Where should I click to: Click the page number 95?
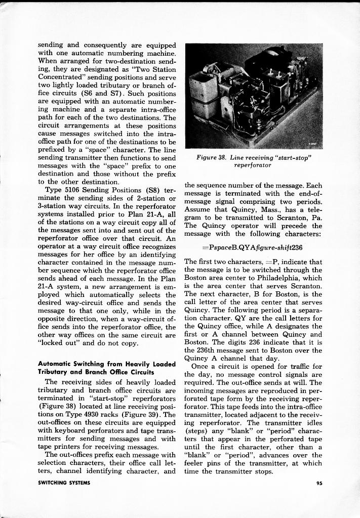point(319,483)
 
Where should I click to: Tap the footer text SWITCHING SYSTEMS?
point(64,483)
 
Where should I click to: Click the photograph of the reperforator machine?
point(253,96)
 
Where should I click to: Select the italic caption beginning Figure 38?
point(253,161)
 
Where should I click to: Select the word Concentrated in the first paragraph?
point(60,77)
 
